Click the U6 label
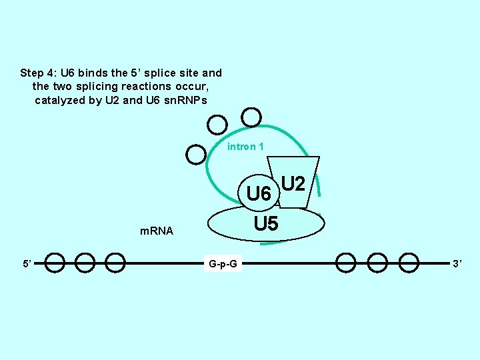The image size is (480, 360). (x=259, y=194)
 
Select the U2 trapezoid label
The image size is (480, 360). (x=293, y=183)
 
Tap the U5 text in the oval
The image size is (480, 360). (x=266, y=224)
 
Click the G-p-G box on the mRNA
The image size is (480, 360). (x=223, y=264)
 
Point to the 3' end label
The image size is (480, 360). (x=457, y=264)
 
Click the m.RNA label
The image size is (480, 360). (x=156, y=231)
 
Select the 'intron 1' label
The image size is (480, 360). (x=245, y=146)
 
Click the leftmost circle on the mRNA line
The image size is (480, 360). (x=55, y=263)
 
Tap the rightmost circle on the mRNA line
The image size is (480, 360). (x=409, y=263)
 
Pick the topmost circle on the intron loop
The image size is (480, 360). (x=251, y=118)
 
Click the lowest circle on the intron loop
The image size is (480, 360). (x=196, y=154)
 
